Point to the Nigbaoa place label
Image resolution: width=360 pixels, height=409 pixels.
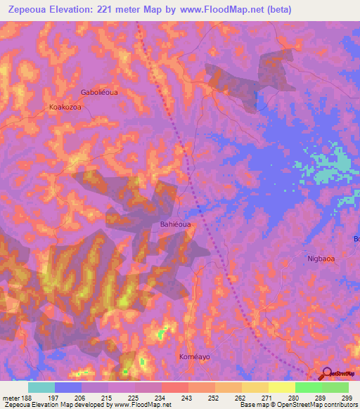pyautogui.click(x=323, y=258)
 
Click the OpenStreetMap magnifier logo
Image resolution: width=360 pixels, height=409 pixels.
pyautogui.click(x=328, y=375)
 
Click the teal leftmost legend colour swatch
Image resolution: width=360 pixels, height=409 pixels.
pyautogui.click(x=41, y=387)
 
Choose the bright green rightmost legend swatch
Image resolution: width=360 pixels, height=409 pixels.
pyautogui.click(x=335, y=387)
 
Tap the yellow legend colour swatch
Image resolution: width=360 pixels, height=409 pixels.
pyautogui.click(x=281, y=387)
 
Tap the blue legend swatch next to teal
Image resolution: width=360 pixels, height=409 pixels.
pyautogui.click(x=68, y=387)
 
